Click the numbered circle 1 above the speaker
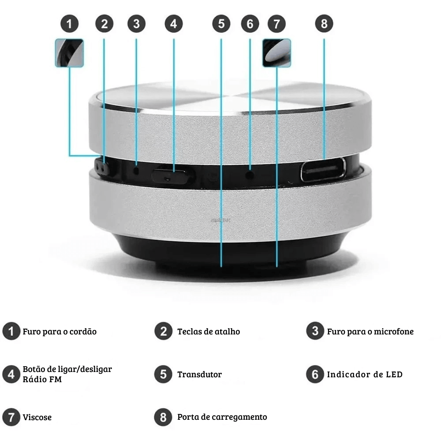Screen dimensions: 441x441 [x=69, y=24]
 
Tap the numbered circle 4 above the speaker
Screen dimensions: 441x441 [x=174, y=24]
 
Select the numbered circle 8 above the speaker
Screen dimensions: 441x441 [x=324, y=24]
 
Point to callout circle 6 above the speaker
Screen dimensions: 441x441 [x=250, y=24]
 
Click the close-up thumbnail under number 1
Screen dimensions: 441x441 [x=69, y=53]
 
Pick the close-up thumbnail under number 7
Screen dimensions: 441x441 [x=277, y=53]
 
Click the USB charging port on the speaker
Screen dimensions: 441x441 [x=323, y=169]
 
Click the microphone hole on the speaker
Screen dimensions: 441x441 [x=137, y=170]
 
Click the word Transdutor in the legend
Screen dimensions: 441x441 [x=199, y=374]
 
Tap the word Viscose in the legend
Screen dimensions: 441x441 [x=37, y=417]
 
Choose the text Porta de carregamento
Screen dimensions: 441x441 [x=222, y=417]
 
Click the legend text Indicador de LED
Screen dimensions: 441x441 [x=365, y=374]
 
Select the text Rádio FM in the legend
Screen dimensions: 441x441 [x=42, y=379]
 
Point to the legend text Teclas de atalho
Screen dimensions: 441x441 [x=209, y=332]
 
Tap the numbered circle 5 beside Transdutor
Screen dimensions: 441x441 [x=163, y=374]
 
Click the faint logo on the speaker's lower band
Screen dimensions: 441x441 [x=221, y=220]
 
